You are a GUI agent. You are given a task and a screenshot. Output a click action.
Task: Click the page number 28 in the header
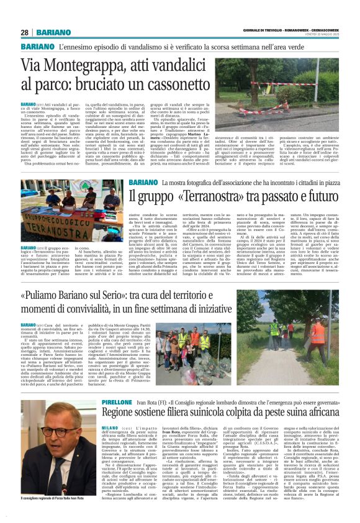[x=24, y=32]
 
